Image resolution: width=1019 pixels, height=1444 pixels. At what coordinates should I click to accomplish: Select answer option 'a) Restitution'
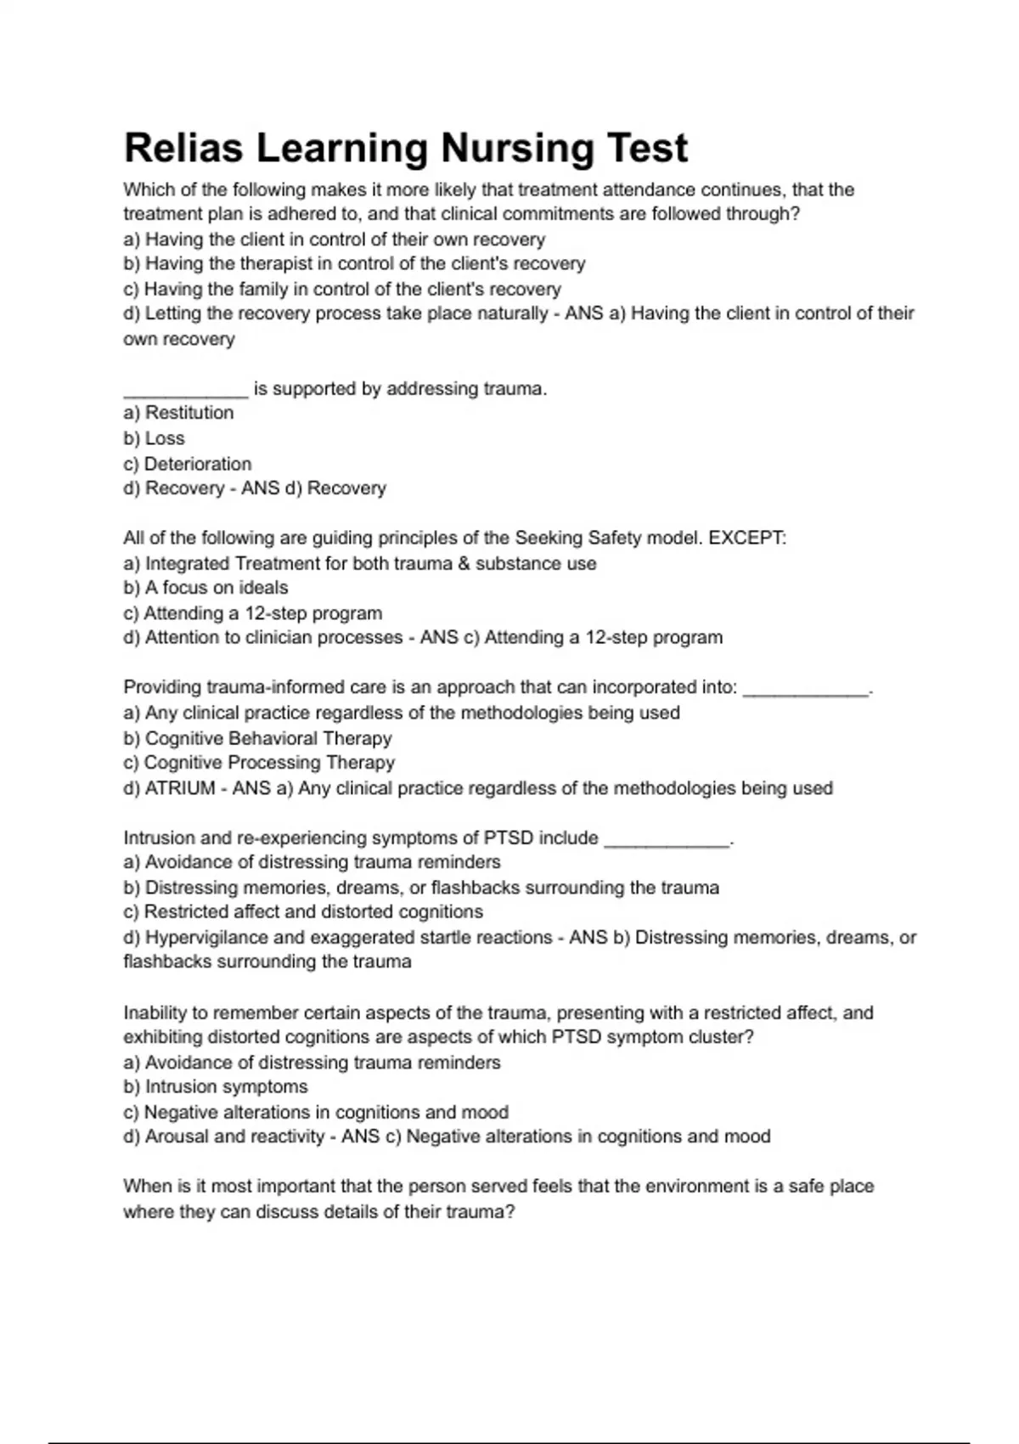[x=178, y=413]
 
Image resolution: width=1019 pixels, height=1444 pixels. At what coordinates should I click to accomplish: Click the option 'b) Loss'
[x=154, y=438]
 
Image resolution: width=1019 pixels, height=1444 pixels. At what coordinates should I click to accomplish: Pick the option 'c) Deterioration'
[x=188, y=464]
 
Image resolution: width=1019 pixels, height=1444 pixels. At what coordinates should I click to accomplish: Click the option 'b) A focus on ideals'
[x=205, y=588]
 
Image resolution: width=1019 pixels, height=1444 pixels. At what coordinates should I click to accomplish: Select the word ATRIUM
[x=180, y=788]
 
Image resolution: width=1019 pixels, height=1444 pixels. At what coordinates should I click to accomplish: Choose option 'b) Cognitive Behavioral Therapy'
[x=257, y=738]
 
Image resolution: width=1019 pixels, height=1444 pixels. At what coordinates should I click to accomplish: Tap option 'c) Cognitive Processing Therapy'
[x=259, y=763]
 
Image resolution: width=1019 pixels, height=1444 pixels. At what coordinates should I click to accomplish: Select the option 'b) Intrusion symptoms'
[x=216, y=1087]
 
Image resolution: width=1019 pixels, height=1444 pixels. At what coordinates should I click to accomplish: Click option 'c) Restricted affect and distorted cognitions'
[x=303, y=912]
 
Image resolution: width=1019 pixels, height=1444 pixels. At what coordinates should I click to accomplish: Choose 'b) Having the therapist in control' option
[x=354, y=263]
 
